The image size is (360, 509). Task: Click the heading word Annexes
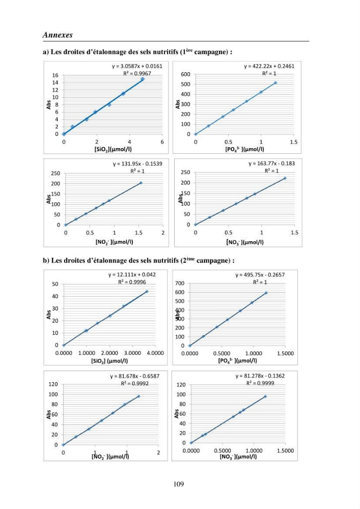pos(58,35)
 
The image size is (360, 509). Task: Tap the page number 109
pos(179,484)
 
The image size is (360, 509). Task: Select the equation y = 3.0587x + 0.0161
pos(137,66)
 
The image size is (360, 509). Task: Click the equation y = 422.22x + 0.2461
pos(269,66)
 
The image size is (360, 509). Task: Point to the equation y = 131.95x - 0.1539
pos(137,164)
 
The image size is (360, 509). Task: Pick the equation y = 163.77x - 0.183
pos(272,163)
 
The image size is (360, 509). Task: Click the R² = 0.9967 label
pos(137,73)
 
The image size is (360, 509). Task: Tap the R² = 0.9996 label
pos(132,282)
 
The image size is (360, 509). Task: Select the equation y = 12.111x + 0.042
pos(132,275)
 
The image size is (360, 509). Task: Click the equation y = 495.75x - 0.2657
pos(260,275)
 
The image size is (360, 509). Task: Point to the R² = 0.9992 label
pos(135,383)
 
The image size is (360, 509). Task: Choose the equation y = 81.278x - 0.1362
pos(260,376)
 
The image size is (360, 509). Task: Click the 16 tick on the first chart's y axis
pos(55,75)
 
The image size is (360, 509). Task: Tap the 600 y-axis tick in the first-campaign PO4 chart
pos(185,74)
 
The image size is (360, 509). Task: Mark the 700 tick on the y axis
pos(180,284)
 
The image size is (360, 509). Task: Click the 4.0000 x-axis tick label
pos(155,353)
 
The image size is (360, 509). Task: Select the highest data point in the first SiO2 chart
pos(143,79)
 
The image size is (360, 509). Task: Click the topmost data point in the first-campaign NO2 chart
pos(141,183)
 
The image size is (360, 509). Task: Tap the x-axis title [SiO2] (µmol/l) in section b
pos(109,361)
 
